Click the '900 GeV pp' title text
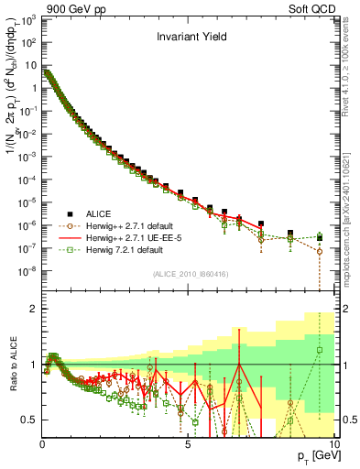69,7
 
